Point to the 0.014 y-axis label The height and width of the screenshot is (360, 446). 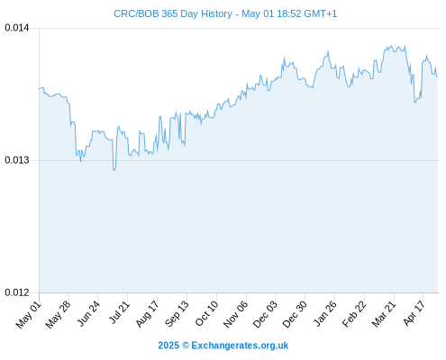(17, 28)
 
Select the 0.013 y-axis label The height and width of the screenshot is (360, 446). (17, 160)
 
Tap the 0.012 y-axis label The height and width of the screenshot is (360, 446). (17, 292)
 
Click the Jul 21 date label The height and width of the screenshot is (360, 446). (119, 313)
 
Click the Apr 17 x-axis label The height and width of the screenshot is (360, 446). (414, 313)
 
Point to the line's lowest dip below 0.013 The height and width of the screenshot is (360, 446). (114, 170)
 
